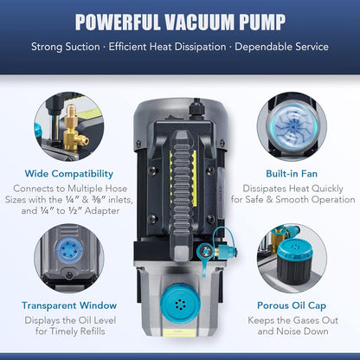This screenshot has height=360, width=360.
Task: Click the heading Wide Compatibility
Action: (x=69, y=174)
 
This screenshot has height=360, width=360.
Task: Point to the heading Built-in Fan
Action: (x=292, y=174)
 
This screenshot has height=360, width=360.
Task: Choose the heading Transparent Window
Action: (x=69, y=305)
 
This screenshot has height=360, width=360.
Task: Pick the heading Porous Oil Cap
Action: (x=292, y=305)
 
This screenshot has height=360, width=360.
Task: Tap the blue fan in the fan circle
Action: (x=293, y=125)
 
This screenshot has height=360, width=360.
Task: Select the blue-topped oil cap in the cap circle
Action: (x=294, y=261)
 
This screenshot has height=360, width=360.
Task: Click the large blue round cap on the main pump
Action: (x=181, y=304)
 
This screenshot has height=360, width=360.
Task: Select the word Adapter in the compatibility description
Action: (x=102, y=211)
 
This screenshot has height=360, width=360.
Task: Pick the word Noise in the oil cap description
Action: (x=292, y=331)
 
